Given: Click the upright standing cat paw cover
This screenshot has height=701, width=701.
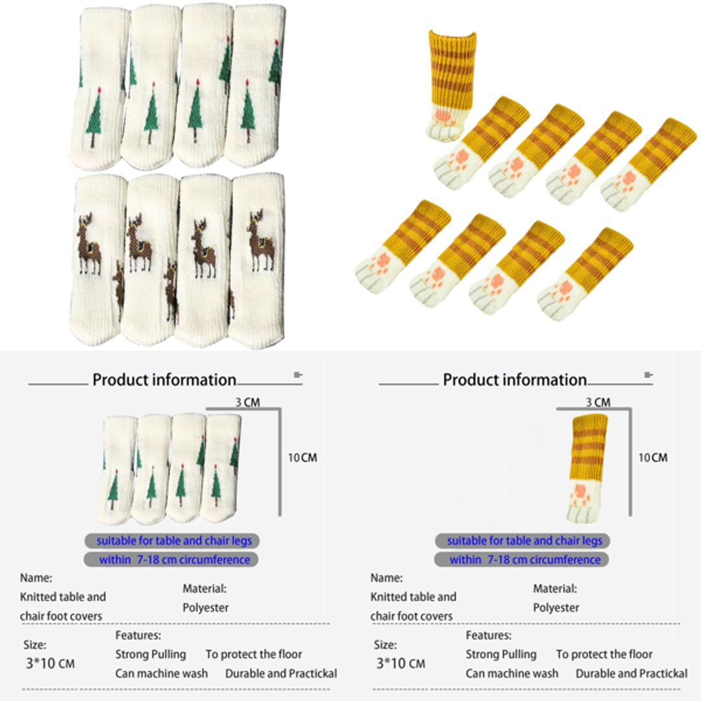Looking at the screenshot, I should click(450, 84).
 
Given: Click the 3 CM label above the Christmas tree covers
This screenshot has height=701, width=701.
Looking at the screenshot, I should click(247, 402).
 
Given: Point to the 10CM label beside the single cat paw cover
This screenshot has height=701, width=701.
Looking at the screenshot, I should click(652, 458).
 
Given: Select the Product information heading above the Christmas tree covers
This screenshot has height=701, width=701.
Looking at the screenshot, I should click(164, 380).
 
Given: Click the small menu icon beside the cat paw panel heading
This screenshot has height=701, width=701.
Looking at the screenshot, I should click(648, 375).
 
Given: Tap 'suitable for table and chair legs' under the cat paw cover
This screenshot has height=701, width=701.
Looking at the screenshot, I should click(524, 541).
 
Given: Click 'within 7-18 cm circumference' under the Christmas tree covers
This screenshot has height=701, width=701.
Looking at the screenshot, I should click(174, 560).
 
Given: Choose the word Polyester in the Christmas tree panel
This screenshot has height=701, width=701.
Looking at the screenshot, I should click(206, 608).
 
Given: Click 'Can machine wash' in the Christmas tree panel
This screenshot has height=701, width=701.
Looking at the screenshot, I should click(162, 673).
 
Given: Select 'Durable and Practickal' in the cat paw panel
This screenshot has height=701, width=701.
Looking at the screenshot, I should click(632, 673).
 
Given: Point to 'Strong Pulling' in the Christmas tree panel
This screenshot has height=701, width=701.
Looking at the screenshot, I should click(151, 654).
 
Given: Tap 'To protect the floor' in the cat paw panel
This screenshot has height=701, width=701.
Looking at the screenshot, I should click(604, 654).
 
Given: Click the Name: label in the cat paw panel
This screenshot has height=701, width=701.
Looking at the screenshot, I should click(386, 577).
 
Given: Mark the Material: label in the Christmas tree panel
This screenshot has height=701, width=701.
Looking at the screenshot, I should click(204, 589).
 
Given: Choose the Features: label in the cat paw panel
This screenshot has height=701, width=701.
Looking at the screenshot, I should click(488, 635).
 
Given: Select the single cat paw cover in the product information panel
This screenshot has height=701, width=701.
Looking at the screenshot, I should click(587, 467).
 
